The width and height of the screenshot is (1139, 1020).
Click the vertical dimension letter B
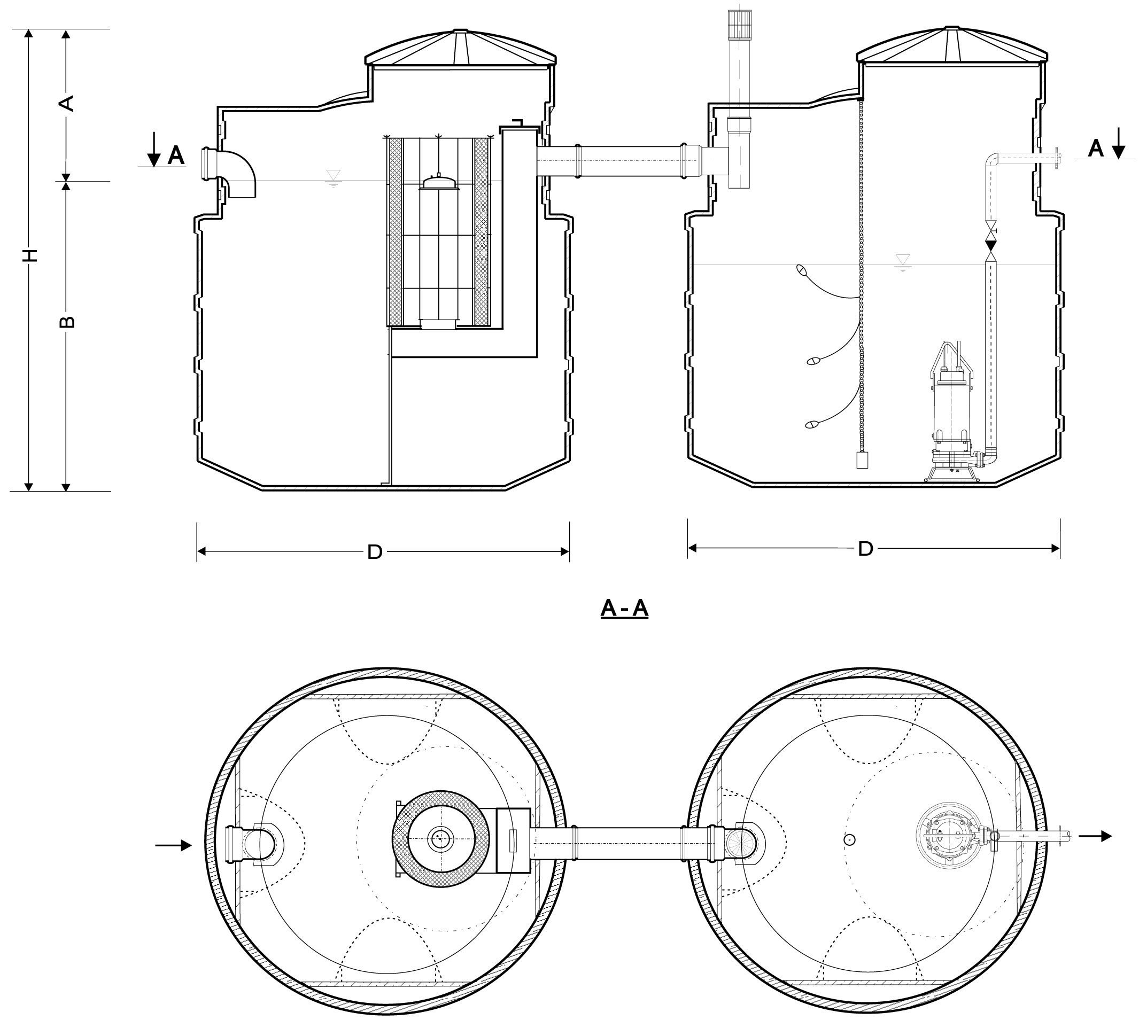tap(67, 322)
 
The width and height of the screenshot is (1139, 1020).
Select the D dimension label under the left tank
tap(375, 552)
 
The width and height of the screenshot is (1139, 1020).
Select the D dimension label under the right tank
tap(865, 549)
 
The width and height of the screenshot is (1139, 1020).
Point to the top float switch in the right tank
tap(803, 270)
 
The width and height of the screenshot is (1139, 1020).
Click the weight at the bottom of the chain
tap(862, 460)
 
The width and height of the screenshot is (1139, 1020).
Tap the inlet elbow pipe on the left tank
tap(229, 172)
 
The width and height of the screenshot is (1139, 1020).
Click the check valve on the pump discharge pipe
tap(991, 245)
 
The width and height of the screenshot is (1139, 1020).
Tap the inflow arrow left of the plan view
tap(173, 845)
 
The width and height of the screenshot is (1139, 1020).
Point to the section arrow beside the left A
tap(153, 149)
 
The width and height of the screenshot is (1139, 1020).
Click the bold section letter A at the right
tap(1096, 149)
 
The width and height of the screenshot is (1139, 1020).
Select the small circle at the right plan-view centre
tap(850, 839)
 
